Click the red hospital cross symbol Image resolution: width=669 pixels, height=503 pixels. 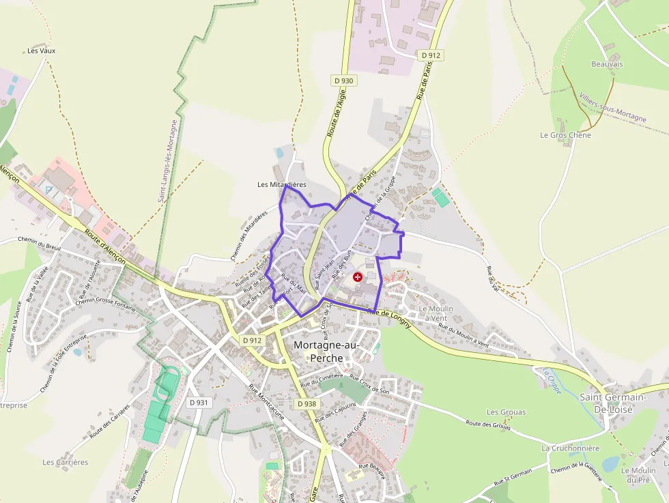point(358,277)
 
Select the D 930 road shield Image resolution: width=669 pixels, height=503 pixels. point(344,81)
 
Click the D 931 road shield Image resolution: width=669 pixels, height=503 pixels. point(198,403)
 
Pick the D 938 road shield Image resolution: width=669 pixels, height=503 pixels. point(307,404)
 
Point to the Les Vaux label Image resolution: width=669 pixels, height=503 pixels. point(41,51)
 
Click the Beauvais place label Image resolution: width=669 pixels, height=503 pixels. point(607,64)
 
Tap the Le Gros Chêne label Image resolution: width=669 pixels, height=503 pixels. point(565,135)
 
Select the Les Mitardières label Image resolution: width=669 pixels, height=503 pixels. point(282,185)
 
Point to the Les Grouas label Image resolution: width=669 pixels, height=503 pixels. point(506,412)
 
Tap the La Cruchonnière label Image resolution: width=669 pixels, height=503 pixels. point(570,448)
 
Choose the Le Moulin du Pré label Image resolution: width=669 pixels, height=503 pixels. point(638,475)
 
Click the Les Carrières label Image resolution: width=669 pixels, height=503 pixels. point(66,462)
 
